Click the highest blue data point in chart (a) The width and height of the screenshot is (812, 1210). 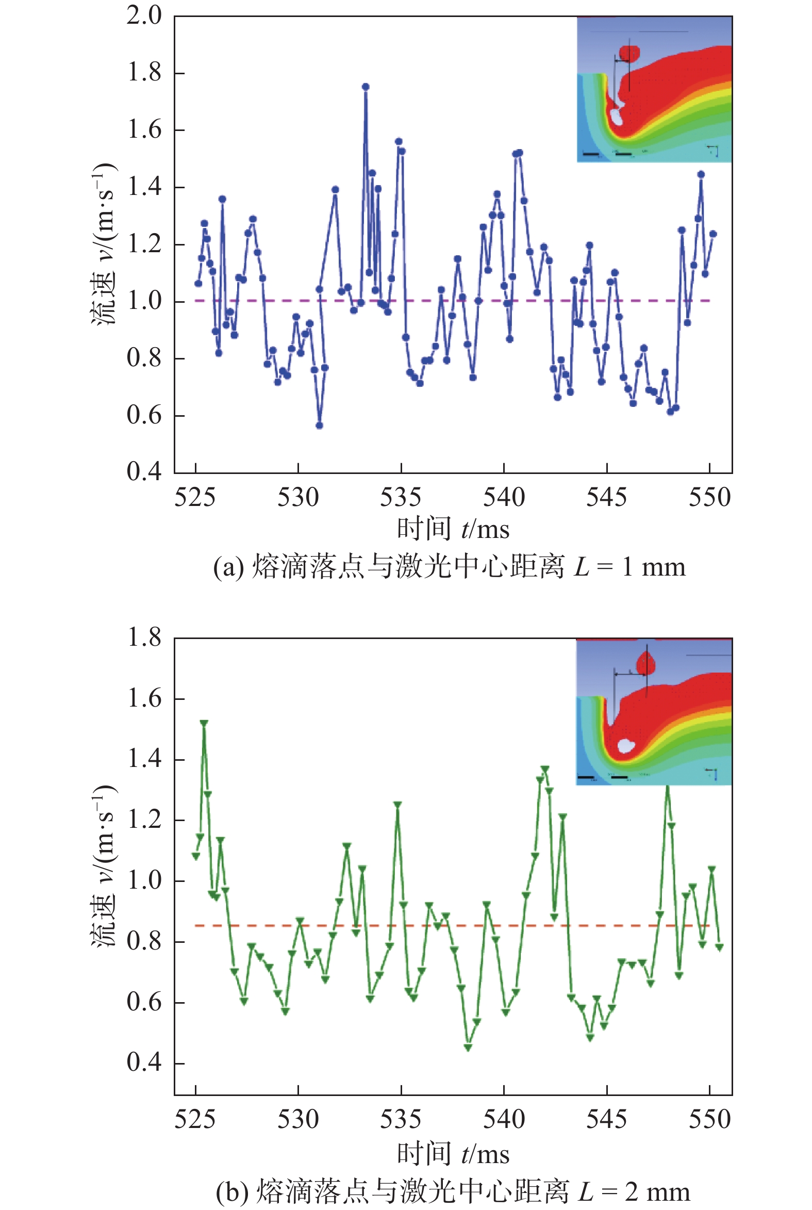coord(366,87)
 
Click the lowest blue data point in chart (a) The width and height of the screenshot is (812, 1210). coord(320,426)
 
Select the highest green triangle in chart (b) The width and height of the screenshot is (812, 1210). coord(204,723)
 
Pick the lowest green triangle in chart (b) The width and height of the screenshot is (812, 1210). coord(468,1048)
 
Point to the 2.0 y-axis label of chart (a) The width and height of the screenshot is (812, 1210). coord(144,15)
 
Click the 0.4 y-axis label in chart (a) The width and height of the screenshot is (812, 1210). coord(144,471)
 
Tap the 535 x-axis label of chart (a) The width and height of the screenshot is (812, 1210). coord(401,498)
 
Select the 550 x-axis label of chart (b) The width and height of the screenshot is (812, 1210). coord(709,1120)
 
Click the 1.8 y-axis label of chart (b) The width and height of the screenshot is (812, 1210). coord(144,637)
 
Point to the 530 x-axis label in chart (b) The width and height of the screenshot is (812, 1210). coord(299,1120)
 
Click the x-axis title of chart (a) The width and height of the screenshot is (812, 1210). coord(454,529)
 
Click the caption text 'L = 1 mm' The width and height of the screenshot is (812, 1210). coord(629,567)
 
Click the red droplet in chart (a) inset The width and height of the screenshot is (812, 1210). coord(629,53)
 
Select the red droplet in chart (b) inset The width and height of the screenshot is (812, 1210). coord(646,663)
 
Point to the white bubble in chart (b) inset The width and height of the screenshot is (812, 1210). coord(626,745)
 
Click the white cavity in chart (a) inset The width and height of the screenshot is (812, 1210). coord(617,116)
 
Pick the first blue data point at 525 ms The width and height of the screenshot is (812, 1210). coord(198,283)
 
